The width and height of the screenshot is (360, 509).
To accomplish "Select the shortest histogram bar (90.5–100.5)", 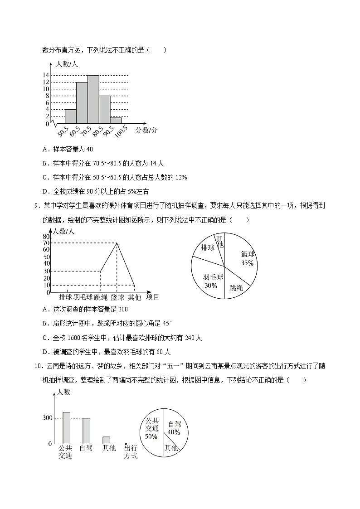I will click(116, 120).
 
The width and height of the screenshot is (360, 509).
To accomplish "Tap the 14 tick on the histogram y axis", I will click(46, 75).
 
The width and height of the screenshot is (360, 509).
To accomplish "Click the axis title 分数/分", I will click(146, 130).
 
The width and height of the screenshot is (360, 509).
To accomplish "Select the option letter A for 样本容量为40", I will click(44, 149).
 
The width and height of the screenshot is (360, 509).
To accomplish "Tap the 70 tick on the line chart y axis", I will click(46, 243).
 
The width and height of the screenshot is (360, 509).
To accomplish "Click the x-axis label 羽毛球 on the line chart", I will click(83, 297).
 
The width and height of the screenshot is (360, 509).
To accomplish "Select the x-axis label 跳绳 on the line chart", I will click(101, 297).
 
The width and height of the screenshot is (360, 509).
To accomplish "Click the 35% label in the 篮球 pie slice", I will click(247, 263).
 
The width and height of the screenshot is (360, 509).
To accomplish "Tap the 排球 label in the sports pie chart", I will click(208, 247).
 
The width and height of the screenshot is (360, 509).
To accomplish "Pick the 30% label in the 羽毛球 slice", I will click(211, 286).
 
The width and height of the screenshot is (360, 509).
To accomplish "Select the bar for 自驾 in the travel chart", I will click(86, 431).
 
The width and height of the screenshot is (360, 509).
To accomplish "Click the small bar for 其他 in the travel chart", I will click(107, 440).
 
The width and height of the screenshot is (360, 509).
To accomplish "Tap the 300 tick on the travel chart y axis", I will click(47, 418).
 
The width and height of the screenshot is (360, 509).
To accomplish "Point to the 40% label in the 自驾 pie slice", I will click(174, 432).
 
